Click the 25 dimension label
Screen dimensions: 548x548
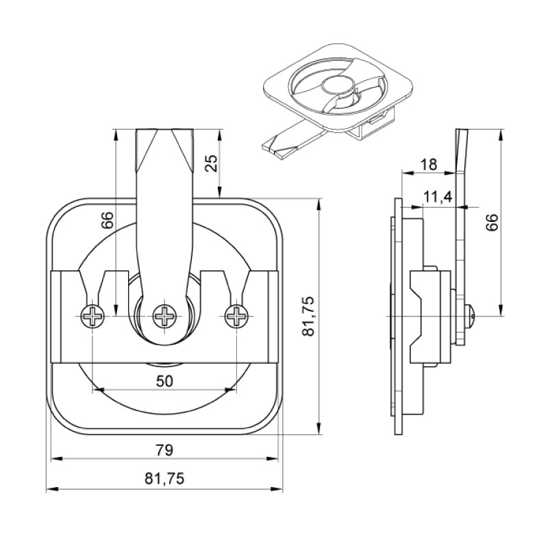(x=212, y=163)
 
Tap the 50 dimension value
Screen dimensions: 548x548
(x=164, y=382)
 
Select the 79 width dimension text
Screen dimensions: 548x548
(x=164, y=451)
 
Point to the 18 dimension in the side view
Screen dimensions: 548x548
(x=429, y=164)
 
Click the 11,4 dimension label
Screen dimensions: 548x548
(x=438, y=197)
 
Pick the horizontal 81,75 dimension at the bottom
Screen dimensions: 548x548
(x=164, y=479)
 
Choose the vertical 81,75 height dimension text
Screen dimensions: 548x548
(x=309, y=316)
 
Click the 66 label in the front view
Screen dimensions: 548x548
(x=108, y=220)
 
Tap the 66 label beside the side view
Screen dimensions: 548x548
(x=492, y=222)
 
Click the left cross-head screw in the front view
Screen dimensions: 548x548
(x=92, y=316)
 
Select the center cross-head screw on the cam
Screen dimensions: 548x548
(x=164, y=316)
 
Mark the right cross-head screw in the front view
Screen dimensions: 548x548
(x=236, y=316)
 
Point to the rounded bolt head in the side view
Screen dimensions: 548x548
(x=471, y=316)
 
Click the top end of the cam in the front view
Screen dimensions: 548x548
(x=164, y=129)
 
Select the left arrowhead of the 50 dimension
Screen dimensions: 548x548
(x=98, y=389)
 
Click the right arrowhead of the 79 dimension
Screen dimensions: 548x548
(x=272, y=458)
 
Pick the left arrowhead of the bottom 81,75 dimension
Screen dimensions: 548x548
(x=52, y=489)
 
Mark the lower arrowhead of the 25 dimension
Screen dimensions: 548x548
(x=219, y=192)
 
